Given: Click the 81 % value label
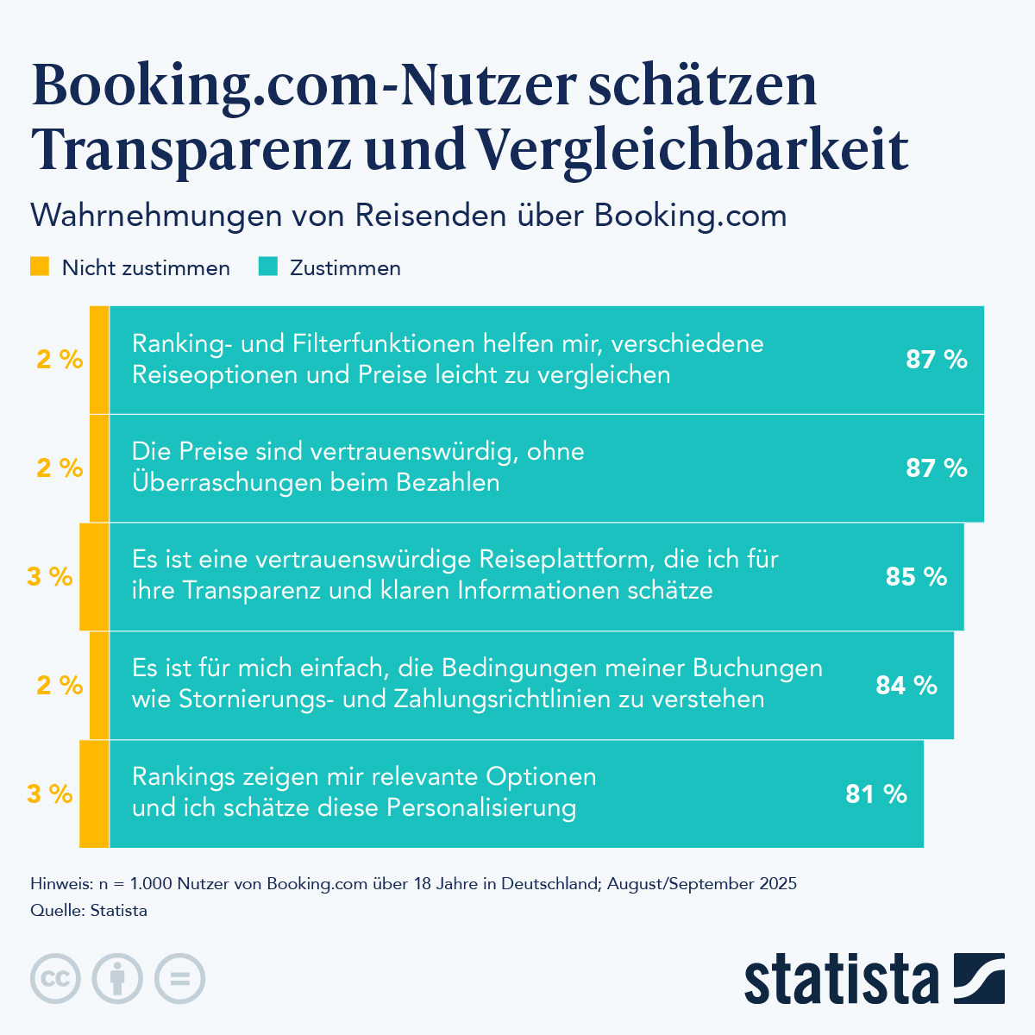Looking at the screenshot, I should pos(876,793).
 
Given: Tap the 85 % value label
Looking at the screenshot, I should pos(916,576).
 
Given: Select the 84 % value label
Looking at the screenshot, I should pos(906,685).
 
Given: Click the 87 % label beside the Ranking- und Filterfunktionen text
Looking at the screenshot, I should pos(937,360).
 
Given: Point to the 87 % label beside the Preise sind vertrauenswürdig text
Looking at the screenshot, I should pos(937,468).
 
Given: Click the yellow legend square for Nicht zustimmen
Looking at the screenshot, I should pos(40,267).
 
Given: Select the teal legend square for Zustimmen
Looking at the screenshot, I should pos(268,267).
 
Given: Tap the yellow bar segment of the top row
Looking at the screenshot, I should pos(99,360).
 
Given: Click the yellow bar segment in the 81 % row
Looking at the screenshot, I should pos(94,793).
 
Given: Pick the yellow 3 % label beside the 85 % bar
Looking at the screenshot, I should pos(50,576).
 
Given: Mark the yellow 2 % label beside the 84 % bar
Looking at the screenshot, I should pos(60,685).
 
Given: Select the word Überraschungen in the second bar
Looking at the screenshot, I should pos(216,482).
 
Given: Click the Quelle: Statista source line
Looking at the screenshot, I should pos(89,911).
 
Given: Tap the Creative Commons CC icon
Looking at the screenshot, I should pos(55,979).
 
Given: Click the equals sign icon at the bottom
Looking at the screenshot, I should pos(179,979).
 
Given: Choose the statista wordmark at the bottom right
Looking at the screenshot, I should pos(841,979).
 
